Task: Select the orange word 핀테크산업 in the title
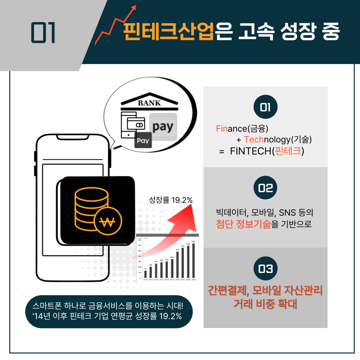168,32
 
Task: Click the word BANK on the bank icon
149,103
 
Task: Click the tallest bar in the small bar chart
194,260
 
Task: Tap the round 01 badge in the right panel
265,107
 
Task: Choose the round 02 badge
265,188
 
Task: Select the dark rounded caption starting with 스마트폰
108,312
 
